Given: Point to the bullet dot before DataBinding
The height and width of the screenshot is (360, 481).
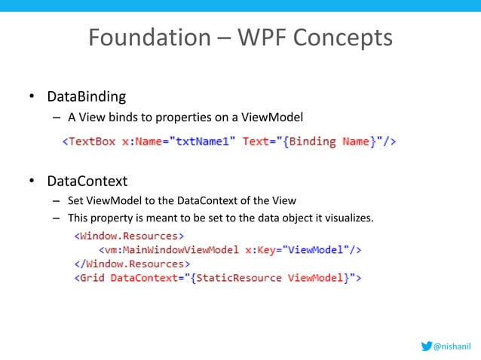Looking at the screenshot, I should [x=32, y=97].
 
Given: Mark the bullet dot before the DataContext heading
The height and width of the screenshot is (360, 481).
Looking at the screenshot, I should [x=32, y=182].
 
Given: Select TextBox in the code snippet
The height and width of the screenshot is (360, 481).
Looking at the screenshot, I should [x=92, y=141].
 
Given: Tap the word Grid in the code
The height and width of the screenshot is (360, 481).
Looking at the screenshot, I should [x=92, y=278].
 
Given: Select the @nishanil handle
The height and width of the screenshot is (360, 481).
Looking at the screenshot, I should [x=453, y=346].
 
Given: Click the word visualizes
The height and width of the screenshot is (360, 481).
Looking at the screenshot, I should [x=348, y=218].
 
